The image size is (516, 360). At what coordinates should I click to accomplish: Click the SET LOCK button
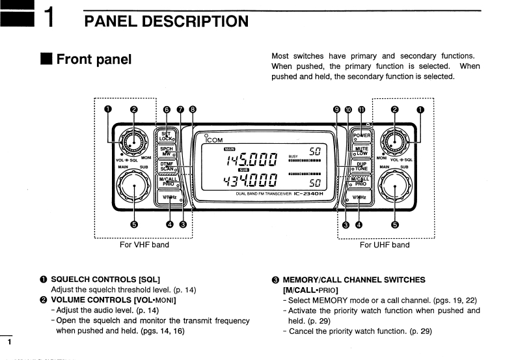point(167,136)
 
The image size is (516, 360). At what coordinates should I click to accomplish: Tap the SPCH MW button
point(167,151)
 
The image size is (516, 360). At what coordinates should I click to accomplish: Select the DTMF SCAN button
point(167,166)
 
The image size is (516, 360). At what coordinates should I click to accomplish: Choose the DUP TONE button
point(360,166)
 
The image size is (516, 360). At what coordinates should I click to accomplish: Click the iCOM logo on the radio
point(214,139)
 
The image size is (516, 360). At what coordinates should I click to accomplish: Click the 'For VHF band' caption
point(144,245)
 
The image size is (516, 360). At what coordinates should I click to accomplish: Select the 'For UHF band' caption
point(385,245)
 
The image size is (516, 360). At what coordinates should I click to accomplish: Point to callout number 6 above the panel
point(167,109)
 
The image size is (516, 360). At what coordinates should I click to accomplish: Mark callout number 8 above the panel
point(193,109)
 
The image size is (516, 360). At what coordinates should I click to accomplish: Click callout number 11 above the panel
point(361,109)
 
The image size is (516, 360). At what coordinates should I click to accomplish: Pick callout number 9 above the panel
point(336,109)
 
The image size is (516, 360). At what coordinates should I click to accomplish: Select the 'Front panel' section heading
point(94,60)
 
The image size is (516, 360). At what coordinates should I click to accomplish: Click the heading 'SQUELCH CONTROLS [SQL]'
point(105,280)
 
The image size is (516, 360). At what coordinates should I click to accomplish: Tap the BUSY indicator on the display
point(293,156)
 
